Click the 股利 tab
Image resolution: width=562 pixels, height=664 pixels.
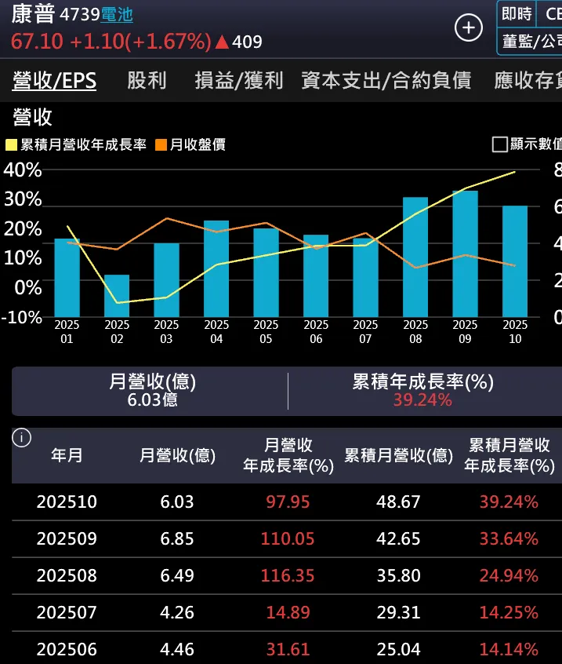pos(147,80)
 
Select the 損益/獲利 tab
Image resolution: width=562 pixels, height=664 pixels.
pos(239,80)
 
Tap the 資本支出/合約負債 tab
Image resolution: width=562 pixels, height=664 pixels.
pos(386,80)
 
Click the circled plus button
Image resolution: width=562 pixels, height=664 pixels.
pos(469,28)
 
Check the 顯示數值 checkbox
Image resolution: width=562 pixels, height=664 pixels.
pos(499,144)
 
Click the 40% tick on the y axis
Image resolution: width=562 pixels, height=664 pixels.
pos(23,170)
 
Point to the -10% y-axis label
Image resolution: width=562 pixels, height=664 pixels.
pos(21,317)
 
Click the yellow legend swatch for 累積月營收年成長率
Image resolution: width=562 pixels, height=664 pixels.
pos(11,145)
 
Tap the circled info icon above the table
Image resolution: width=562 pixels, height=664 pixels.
pos(22,438)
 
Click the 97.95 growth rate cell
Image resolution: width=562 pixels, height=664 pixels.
pos(288,502)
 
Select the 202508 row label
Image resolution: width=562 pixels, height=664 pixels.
pos(67,575)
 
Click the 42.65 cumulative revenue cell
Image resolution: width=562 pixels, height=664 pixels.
pos(398,538)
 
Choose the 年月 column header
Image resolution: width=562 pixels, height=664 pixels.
pos(67,455)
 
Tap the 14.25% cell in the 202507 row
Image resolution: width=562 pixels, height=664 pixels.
pos(509,612)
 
